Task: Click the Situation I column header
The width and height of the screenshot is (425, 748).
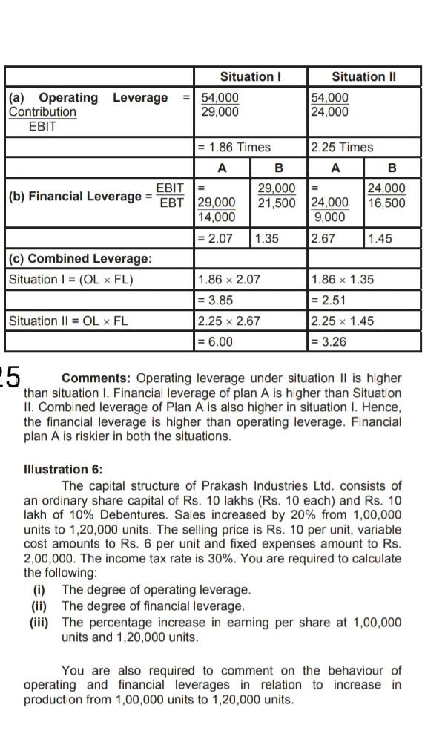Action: click(251, 76)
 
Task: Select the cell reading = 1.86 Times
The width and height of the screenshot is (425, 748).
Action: click(234, 147)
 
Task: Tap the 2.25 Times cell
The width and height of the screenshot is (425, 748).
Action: click(342, 147)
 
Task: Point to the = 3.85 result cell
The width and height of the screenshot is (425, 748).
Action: click(216, 300)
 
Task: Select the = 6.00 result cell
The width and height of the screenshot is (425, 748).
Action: click(216, 341)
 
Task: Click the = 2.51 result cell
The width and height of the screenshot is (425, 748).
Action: click(329, 300)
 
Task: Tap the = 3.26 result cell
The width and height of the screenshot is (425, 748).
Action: click(329, 341)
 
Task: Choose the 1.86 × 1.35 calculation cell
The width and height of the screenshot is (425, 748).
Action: click(343, 280)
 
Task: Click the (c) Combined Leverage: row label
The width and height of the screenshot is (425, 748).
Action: click(80, 258)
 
